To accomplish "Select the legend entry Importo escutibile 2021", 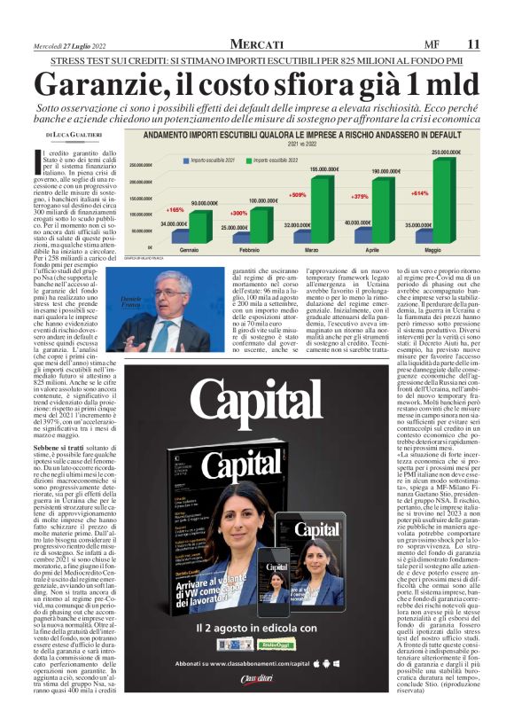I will (x=212, y=160).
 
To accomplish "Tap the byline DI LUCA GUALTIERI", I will (x=75, y=134).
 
